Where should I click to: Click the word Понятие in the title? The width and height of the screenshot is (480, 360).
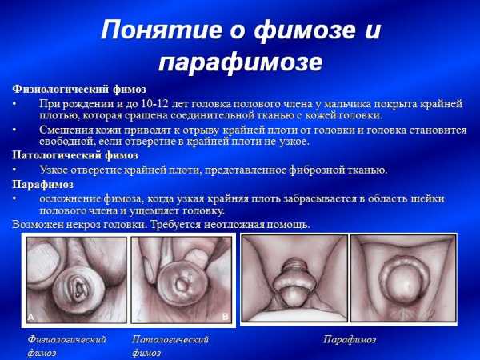162,30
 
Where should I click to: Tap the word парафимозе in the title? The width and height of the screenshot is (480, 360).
241,63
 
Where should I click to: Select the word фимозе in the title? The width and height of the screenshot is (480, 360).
306,30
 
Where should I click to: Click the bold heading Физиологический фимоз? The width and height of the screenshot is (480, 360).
79,90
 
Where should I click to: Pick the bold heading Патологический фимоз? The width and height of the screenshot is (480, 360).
75,155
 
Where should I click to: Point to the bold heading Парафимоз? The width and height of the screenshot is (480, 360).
43,185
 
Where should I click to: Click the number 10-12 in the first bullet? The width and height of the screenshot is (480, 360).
155,104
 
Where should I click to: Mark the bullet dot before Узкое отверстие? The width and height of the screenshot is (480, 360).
14,170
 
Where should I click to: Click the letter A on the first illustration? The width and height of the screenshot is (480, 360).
30,318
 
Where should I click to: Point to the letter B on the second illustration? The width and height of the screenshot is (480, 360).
226,317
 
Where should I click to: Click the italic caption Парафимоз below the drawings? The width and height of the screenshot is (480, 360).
350,339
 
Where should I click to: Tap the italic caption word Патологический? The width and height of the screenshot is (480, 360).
170,339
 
